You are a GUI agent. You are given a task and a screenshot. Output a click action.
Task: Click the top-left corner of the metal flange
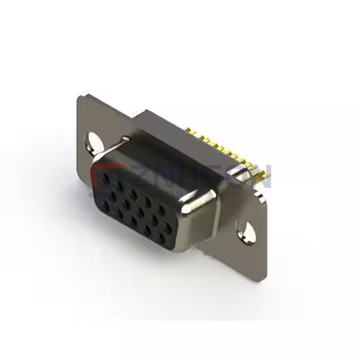tap(80, 98)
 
